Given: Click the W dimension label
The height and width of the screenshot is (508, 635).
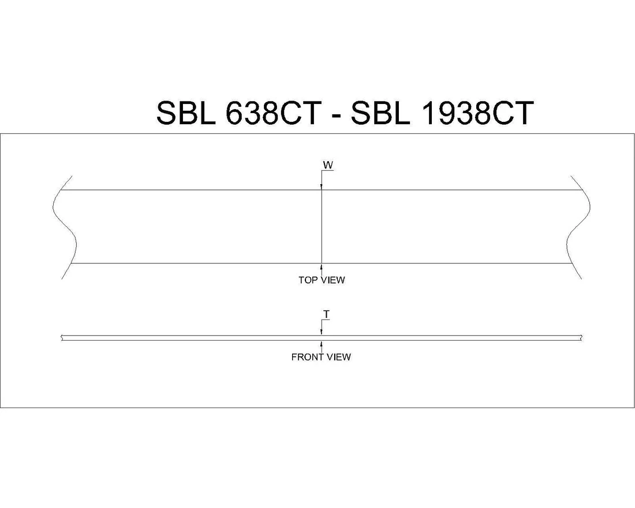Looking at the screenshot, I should pos(328,166).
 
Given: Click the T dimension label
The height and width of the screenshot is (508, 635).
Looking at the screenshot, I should pos(326,315).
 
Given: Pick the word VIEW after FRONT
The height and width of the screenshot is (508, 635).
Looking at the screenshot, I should pos(339,357).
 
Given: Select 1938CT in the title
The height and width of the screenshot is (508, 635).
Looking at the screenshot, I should pos(477,113).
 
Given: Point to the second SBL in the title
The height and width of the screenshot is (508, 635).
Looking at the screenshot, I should pos(381,113).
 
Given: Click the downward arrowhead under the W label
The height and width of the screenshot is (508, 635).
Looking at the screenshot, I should pos(322,186).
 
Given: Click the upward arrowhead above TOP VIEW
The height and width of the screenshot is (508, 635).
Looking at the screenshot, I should pos(322,267).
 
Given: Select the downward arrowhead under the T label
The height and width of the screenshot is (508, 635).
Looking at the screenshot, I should pos(322,333).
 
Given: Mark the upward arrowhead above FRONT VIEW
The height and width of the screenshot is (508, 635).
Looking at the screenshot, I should pos(322,343).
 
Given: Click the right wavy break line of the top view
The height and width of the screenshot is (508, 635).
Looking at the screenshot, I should pos(579,226).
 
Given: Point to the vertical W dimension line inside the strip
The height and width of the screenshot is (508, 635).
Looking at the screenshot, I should pos(322,226).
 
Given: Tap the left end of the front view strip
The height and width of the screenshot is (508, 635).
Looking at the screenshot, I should pos(62,338).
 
